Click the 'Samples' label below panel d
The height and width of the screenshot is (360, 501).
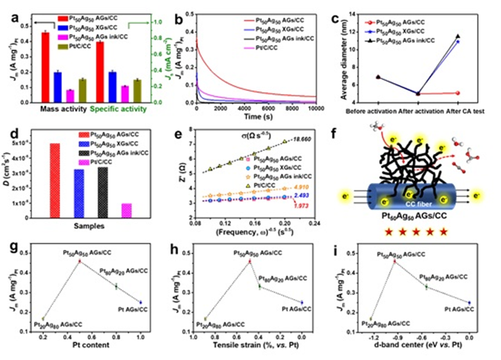88,226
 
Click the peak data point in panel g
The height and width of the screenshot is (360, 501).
80,261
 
